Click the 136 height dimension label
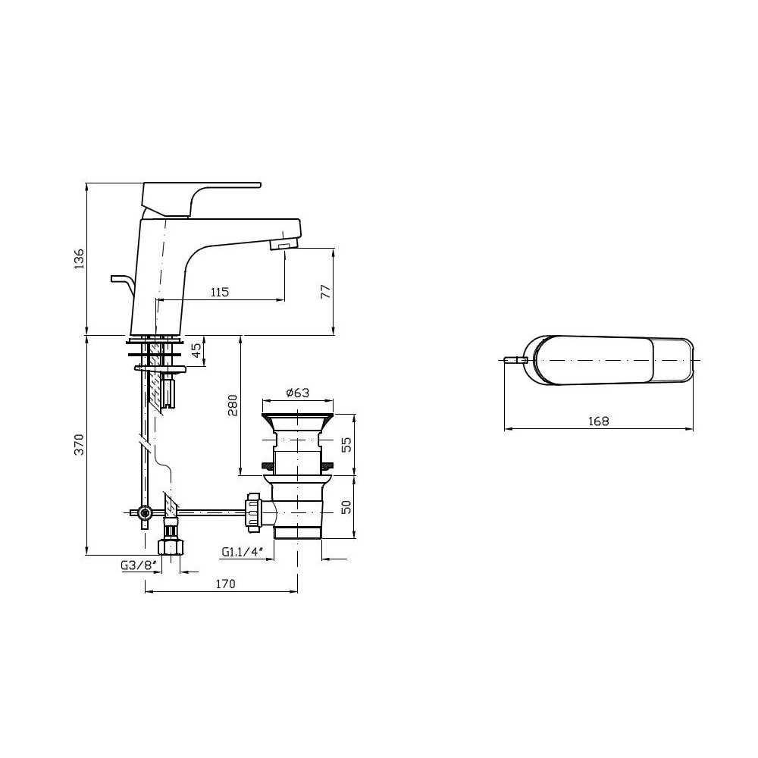79,258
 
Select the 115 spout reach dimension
220,292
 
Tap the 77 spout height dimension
326,291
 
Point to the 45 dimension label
196,350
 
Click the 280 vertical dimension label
233,405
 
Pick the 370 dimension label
79,444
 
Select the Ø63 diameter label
298,392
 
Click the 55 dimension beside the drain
346,445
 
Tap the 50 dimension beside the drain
346,506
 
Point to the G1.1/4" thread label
242,552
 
